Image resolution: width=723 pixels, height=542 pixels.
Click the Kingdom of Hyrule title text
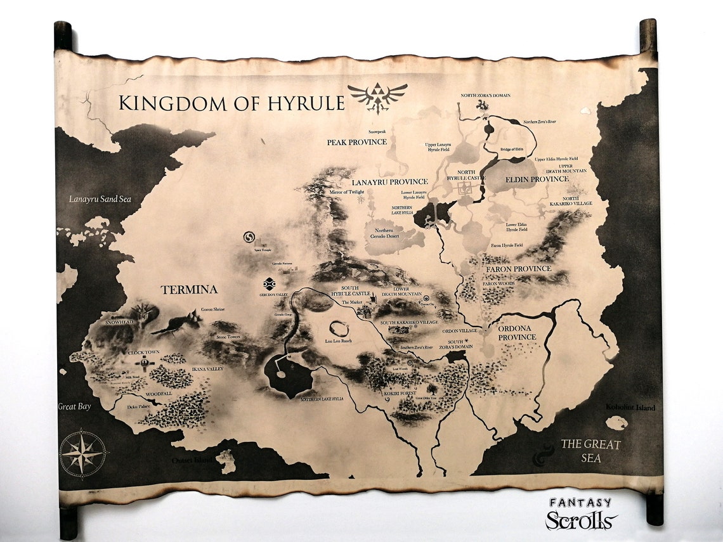pos(231,103)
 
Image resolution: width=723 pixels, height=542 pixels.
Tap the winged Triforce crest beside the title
pos(377,97)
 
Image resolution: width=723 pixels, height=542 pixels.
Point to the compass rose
pos(83,453)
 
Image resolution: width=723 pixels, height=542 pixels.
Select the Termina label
pos(189,290)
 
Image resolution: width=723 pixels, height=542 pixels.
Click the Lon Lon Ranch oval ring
pos(339,329)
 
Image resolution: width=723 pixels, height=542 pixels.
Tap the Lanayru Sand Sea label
pos(100,199)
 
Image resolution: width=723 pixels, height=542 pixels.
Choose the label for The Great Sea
pos(590,451)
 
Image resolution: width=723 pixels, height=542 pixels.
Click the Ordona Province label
pos(517,332)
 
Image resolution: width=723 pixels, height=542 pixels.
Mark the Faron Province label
pos(519,269)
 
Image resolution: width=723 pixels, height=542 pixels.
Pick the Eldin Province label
pos(537,179)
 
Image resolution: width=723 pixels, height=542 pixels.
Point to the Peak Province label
pos(356,142)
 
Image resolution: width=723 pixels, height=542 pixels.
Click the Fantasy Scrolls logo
pos(580,514)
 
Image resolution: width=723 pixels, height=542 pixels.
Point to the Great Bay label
pos(75,406)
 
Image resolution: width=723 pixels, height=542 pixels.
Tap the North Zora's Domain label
pos(485,96)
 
